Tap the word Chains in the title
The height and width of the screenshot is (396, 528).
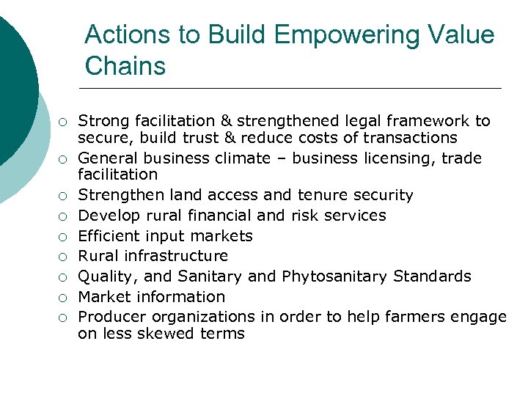coord(125,66)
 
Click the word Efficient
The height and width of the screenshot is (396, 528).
coord(108,236)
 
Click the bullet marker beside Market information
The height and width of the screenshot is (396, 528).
coord(64,298)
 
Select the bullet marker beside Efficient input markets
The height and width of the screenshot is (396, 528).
coord(64,237)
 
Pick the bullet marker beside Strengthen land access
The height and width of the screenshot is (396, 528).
coord(64,196)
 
